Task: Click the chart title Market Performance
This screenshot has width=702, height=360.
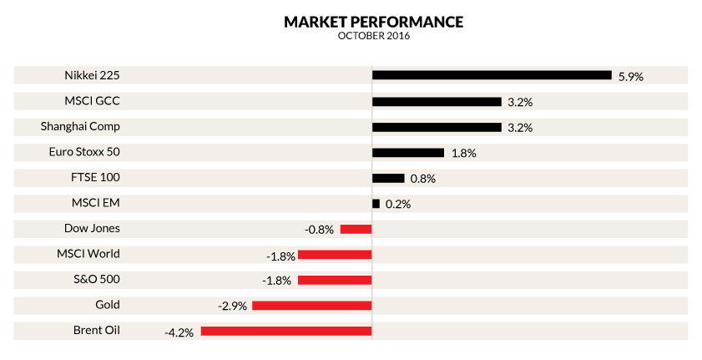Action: click(x=373, y=21)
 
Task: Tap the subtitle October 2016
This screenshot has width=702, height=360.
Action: click(x=373, y=36)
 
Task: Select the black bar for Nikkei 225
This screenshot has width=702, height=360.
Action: click(x=492, y=75)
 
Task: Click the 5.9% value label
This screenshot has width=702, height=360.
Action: click(x=631, y=76)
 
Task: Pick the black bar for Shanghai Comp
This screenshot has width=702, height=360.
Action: click(x=436, y=127)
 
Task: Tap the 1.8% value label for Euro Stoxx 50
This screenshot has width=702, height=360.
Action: click(x=463, y=154)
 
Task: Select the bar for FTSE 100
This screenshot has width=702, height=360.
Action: click(x=388, y=178)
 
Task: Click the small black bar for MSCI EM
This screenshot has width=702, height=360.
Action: click(x=376, y=203)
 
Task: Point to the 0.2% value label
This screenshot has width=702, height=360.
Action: click(x=398, y=205)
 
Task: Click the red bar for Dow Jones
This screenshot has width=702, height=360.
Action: click(x=355, y=229)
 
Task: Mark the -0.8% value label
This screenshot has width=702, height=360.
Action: click(x=320, y=230)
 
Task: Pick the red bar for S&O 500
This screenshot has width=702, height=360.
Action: click(x=334, y=280)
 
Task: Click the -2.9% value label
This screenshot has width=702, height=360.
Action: click(x=232, y=307)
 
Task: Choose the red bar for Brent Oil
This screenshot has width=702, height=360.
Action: click(x=285, y=331)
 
